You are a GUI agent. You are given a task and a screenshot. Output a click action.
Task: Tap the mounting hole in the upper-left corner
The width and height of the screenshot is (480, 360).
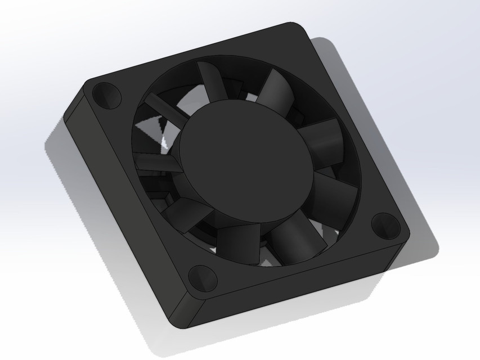(107, 94)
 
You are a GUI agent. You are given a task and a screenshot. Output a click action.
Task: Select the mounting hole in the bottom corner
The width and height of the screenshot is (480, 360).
(202, 278)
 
